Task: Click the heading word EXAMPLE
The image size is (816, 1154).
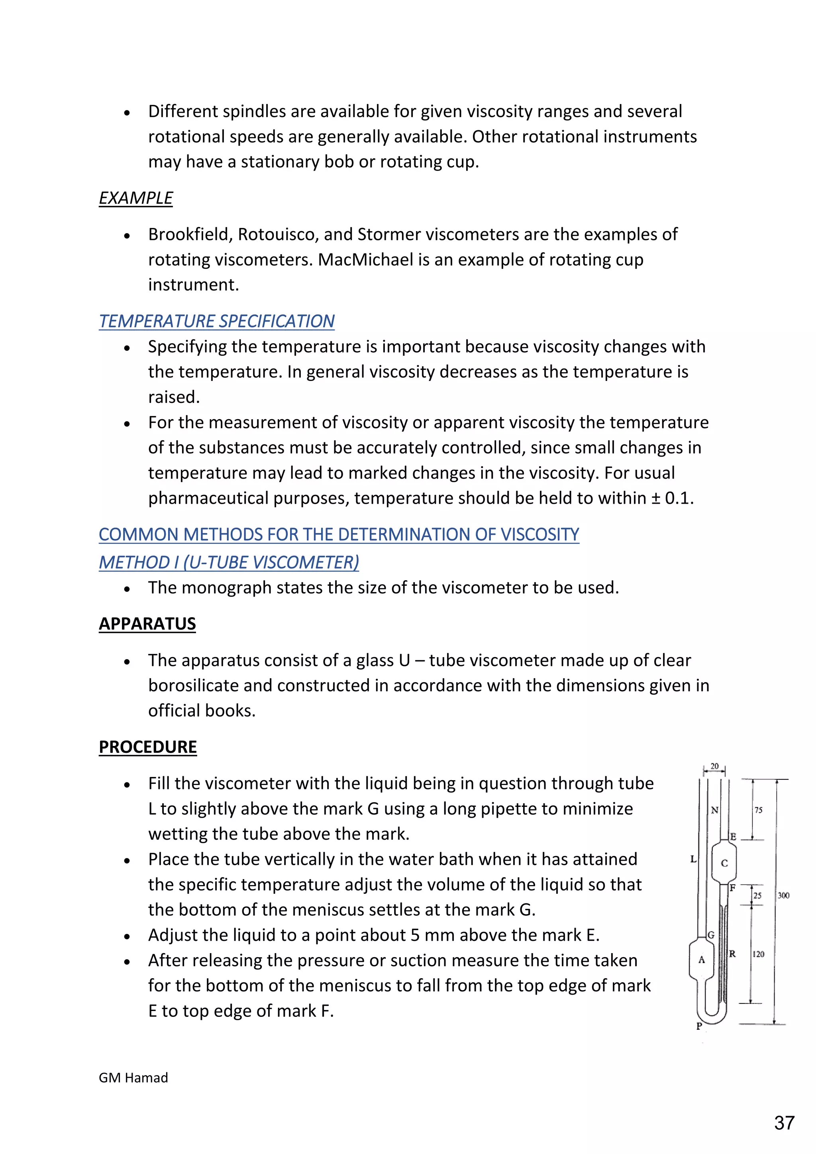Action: [135, 198]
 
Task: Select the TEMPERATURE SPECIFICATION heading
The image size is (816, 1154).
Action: [217, 321]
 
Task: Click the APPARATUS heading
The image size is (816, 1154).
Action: [147, 624]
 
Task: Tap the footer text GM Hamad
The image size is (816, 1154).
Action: [133, 1077]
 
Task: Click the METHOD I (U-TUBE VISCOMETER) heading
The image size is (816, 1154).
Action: [229, 562]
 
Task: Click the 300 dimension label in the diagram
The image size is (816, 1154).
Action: [783, 896]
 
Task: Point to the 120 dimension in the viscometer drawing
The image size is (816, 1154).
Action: [758, 954]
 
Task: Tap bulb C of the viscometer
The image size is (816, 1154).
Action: [724, 863]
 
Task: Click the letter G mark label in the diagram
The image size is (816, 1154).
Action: [711, 935]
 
